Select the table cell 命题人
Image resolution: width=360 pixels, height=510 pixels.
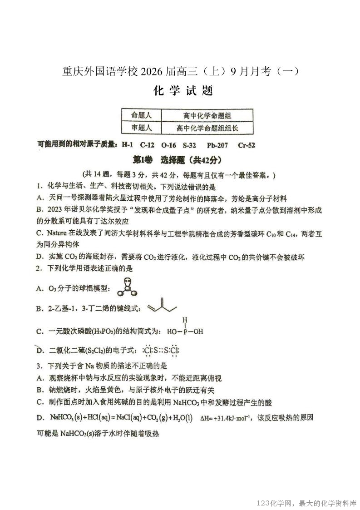142,115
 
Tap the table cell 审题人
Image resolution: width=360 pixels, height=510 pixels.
142,128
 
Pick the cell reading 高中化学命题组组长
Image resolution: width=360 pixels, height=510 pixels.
207,129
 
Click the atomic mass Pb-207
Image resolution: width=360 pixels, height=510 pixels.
217,145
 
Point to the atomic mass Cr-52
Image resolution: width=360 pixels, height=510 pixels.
246,145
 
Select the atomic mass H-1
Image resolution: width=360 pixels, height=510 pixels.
127,145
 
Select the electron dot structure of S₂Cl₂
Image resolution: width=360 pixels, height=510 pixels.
161,350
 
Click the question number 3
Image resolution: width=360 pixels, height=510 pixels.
39,366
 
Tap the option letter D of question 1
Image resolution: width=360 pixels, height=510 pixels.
39,257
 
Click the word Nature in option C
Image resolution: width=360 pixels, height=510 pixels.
57,233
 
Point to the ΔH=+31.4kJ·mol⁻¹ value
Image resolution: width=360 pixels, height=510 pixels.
226,418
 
